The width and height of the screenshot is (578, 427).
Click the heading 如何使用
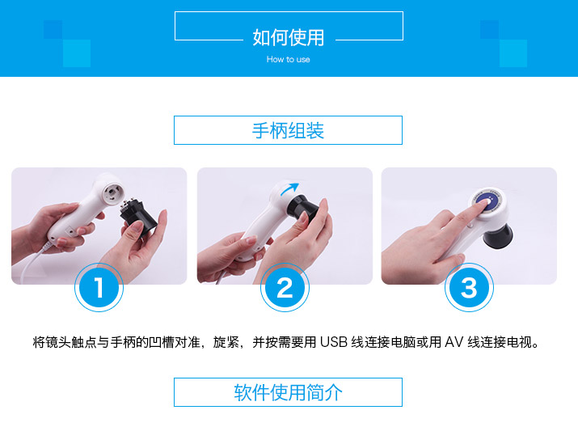coord(289,38)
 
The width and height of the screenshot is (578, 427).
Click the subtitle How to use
coord(289,59)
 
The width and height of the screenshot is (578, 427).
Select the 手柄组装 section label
coord(288,130)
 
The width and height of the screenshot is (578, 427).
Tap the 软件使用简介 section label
coord(288,392)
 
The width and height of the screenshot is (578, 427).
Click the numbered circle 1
coord(99,288)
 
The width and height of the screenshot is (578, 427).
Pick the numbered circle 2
coord(285,288)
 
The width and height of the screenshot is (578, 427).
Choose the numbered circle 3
coord(469,288)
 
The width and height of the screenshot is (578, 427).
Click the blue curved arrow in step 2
coord(289,188)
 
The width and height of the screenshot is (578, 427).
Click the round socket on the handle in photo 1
coord(112,192)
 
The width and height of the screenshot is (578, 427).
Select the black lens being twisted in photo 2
coord(302,209)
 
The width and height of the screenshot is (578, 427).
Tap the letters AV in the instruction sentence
coord(454,342)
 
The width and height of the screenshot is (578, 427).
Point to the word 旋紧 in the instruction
coord(226,342)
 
